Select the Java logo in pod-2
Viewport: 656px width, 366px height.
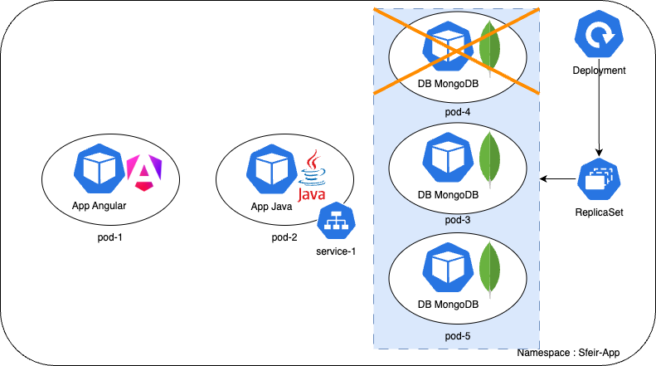(x=312, y=176)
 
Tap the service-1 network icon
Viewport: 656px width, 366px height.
(x=336, y=221)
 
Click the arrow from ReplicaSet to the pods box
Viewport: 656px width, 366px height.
(x=560, y=178)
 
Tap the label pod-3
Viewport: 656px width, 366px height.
(x=457, y=219)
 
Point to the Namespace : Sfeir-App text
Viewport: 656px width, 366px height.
(x=569, y=353)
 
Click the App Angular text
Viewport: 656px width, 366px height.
(x=99, y=206)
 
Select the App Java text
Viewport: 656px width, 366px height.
(x=271, y=207)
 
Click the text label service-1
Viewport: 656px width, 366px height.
(x=336, y=251)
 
